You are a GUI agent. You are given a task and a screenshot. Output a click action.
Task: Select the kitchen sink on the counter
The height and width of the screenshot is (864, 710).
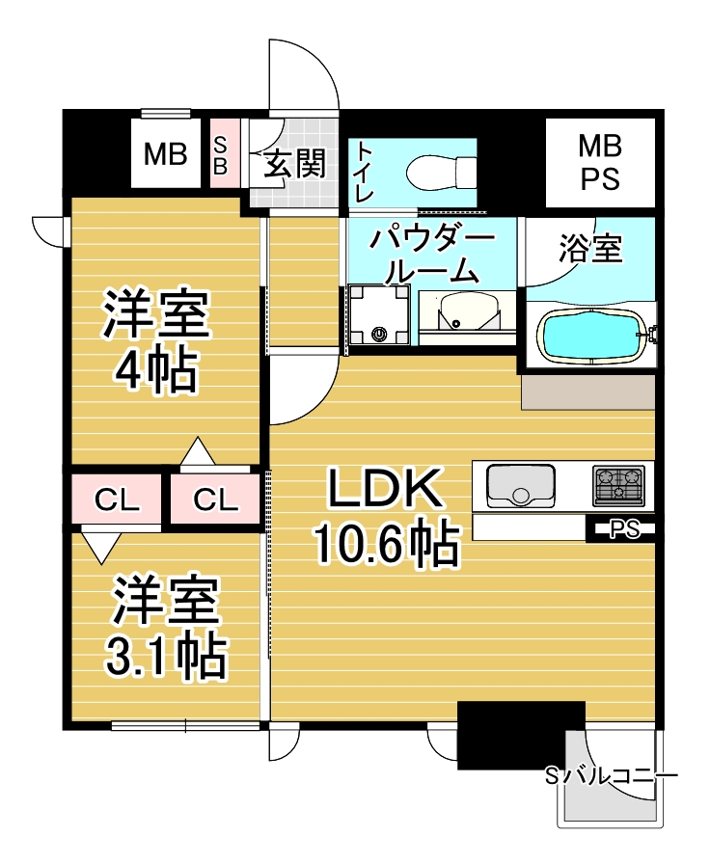(521, 485)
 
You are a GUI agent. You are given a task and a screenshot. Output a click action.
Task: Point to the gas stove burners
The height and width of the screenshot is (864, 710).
(618, 484)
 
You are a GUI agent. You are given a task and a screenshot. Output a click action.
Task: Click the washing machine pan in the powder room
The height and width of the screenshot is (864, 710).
(379, 317)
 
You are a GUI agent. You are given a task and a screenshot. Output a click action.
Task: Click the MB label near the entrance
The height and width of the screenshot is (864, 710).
(165, 154)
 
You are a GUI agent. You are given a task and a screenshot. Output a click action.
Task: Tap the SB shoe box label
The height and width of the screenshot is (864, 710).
(221, 154)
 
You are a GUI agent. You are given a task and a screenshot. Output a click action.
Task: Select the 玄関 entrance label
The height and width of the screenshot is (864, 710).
(293, 165)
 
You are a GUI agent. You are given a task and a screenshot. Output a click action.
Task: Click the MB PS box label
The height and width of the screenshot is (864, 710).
(600, 162)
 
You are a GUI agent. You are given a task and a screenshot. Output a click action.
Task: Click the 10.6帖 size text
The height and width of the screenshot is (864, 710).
(385, 546)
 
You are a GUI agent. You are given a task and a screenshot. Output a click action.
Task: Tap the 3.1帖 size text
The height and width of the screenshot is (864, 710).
(165, 657)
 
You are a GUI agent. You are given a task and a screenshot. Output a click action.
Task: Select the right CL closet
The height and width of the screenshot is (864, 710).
(216, 499)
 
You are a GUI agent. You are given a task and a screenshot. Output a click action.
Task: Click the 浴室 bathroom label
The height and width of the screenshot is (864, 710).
(589, 250)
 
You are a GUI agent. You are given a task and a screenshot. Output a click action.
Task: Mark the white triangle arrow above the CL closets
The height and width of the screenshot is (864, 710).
(196, 451)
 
